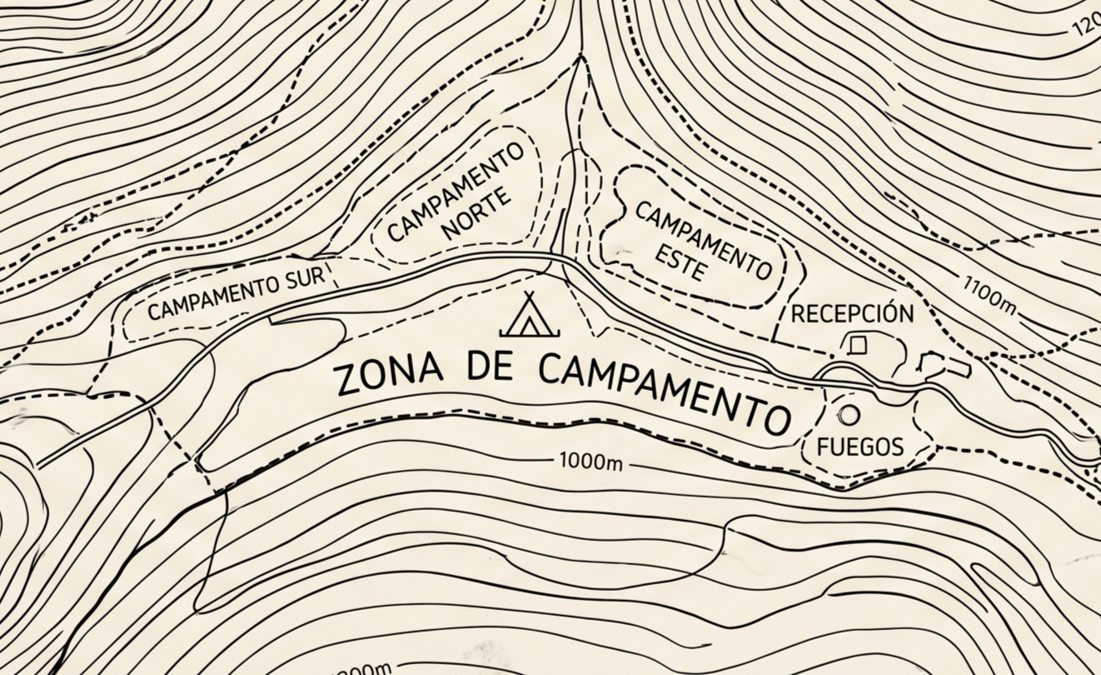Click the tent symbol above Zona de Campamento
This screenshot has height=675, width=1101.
(530, 316)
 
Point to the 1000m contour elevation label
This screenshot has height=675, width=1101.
(590, 461)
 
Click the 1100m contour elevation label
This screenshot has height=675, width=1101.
(989, 294)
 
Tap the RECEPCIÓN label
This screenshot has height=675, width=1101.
(852, 314)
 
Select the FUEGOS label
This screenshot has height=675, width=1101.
(859, 447)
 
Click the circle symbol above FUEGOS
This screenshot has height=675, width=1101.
(849, 414)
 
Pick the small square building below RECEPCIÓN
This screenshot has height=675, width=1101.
(857, 343)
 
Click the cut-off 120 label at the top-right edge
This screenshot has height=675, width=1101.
(1086, 27)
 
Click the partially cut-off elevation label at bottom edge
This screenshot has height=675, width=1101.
(362, 669)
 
